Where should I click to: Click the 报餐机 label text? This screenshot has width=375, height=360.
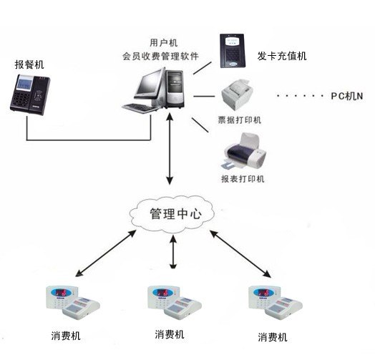[29, 64]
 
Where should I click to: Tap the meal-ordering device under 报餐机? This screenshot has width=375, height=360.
[30, 94]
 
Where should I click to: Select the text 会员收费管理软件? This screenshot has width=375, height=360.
[160, 57]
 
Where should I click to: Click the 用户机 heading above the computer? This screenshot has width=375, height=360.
[164, 43]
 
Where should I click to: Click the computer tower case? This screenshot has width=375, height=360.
[175, 88]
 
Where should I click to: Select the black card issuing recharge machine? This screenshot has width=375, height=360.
[233, 52]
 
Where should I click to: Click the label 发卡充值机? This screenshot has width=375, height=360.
[282, 57]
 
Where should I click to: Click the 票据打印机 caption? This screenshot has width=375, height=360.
[240, 120]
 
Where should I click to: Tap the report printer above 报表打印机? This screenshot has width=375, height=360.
[244, 151]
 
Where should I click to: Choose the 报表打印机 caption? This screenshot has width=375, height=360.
[243, 179]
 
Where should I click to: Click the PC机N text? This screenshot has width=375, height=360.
[347, 96]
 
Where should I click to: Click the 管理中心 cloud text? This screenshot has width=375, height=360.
[175, 213]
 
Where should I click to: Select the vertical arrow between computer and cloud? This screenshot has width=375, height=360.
[170, 149]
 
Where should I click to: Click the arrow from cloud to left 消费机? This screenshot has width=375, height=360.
[106, 253]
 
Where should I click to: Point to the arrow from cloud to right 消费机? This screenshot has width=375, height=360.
[240, 254]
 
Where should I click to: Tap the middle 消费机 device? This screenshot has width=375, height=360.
[175, 303]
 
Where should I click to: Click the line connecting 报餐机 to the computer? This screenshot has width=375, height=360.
[89, 140]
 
